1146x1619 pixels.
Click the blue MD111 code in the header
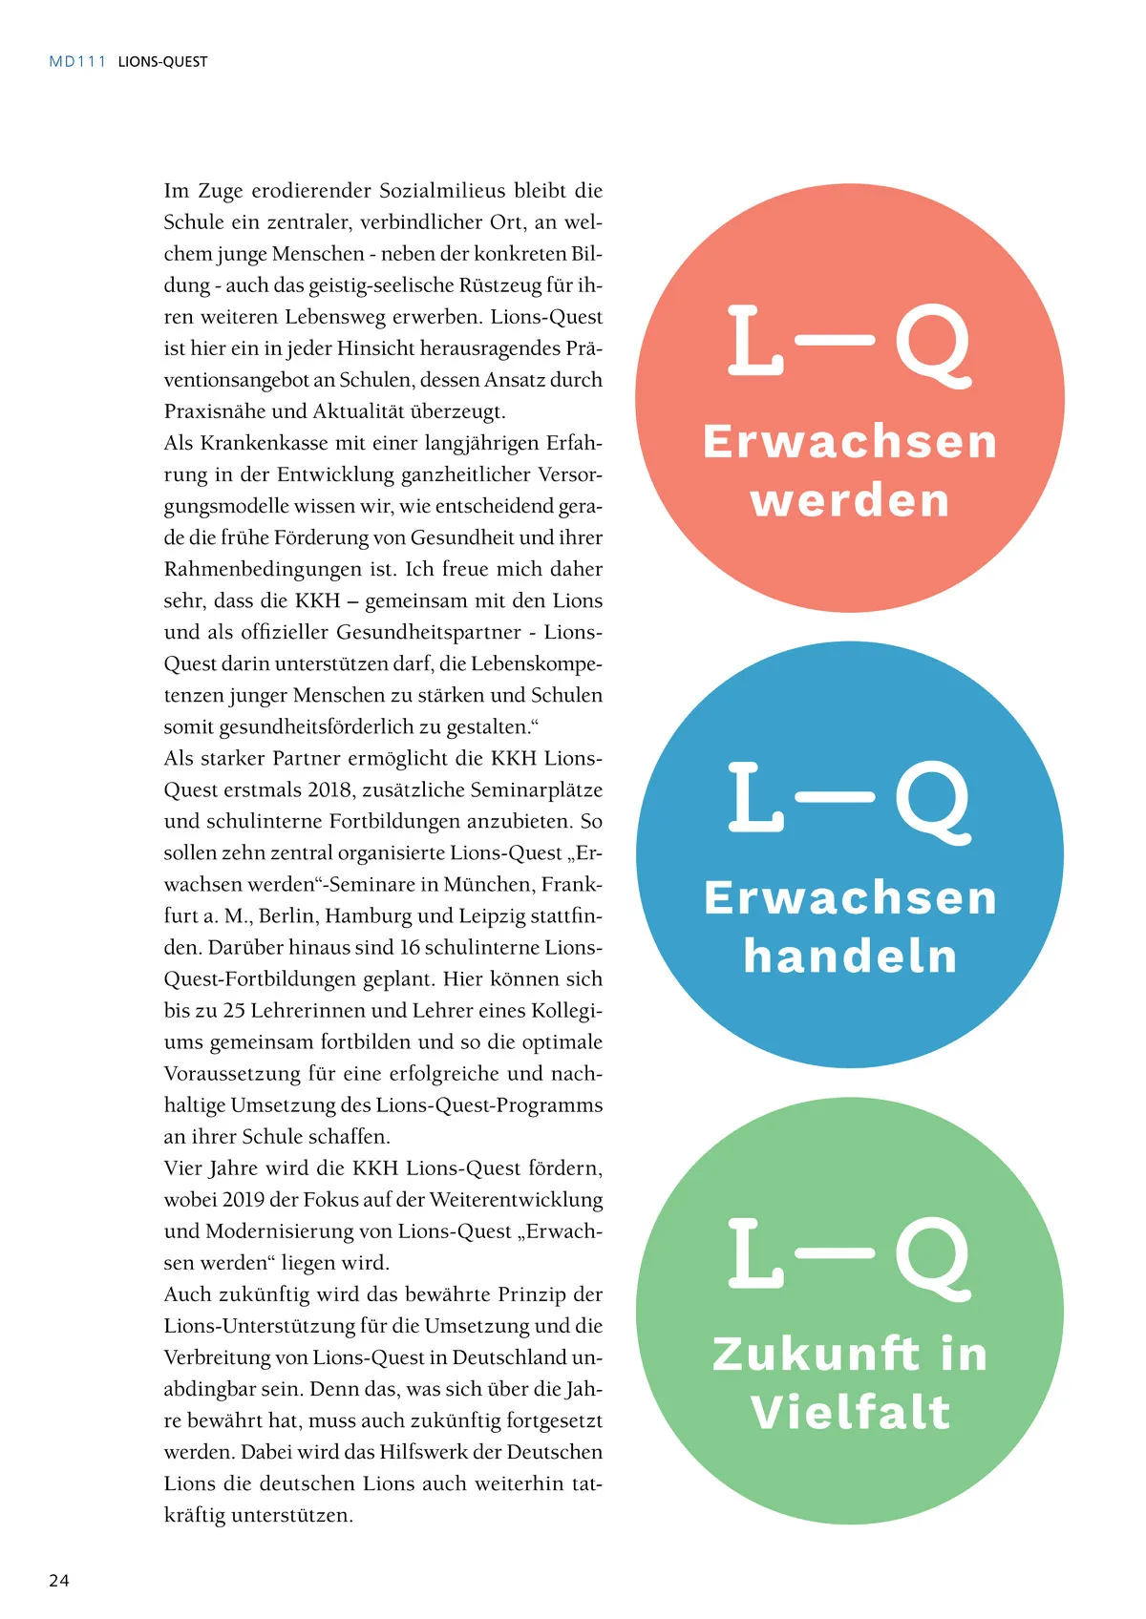77,62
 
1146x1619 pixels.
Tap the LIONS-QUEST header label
162,62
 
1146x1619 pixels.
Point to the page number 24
59,1580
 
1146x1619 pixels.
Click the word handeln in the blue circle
850,956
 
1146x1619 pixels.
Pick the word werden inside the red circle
850,500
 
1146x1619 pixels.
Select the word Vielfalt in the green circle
850,1412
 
